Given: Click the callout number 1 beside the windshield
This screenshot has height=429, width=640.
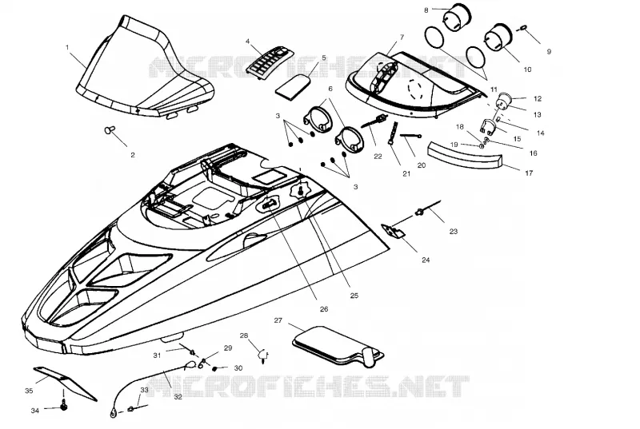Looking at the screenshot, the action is [x=67, y=47].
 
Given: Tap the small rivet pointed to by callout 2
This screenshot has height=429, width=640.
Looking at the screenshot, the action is [x=110, y=129].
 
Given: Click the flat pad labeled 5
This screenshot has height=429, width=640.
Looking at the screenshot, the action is [x=292, y=87].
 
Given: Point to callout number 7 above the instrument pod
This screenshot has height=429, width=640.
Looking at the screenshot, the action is [x=402, y=37].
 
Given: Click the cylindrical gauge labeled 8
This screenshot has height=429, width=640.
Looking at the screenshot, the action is [x=457, y=17].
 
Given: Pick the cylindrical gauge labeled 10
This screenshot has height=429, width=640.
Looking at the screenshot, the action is [x=498, y=36].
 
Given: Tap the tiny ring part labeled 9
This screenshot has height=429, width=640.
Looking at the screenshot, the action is [x=524, y=28].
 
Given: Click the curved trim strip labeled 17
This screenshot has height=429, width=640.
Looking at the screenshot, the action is [x=465, y=156].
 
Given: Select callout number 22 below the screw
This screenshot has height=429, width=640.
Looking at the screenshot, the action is [x=378, y=156].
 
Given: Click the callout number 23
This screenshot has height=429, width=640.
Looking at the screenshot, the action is [x=454, y=232].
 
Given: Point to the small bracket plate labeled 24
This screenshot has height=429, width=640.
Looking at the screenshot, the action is [x=394, y=230].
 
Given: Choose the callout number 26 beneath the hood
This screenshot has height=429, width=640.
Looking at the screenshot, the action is [x=324, y=309].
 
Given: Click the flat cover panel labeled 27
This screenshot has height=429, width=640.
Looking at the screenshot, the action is [x=338, y=344].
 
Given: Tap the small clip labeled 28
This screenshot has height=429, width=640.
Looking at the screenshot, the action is [x=263, y=356].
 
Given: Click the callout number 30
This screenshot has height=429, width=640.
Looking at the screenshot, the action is [x=238, y=368].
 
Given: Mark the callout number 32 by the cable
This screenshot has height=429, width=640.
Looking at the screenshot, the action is [x=178, y=397].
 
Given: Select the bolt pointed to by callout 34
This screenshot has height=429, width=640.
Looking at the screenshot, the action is [x=64, y=406].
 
